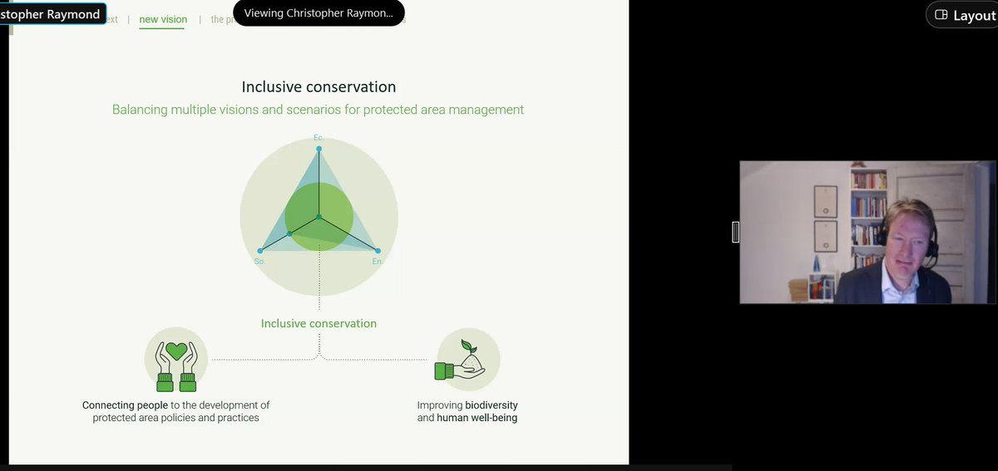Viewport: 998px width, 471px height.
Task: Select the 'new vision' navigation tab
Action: click(163, 19)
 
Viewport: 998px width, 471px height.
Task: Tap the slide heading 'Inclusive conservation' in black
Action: click(319, 87)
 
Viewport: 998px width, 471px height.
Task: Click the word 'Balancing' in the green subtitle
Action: click(141, 110)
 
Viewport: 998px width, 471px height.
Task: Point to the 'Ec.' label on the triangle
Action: click(318, 137)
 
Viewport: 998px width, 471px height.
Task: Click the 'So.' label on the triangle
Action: click(259, 262)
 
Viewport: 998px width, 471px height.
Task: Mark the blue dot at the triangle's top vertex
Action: click(319, 149)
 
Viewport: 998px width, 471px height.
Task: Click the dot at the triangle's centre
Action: click(319, 217)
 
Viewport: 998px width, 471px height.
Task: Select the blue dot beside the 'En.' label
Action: click(378, 250)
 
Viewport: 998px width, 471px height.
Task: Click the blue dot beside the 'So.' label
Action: click(260, 250)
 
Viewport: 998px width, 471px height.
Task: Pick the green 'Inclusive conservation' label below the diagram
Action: click(319, 324)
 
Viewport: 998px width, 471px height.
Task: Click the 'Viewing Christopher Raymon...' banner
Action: click(319, 13)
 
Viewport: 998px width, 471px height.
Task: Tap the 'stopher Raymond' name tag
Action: click(52, 14)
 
